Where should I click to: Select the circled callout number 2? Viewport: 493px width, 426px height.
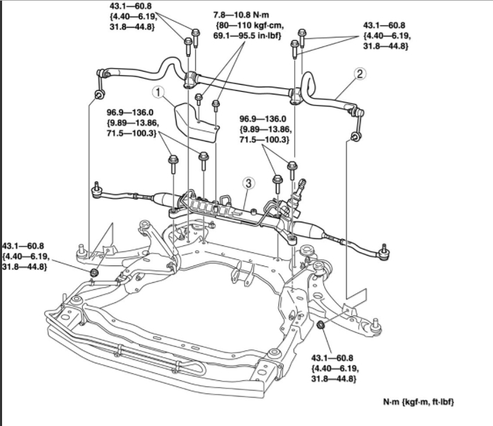(359, 72)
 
